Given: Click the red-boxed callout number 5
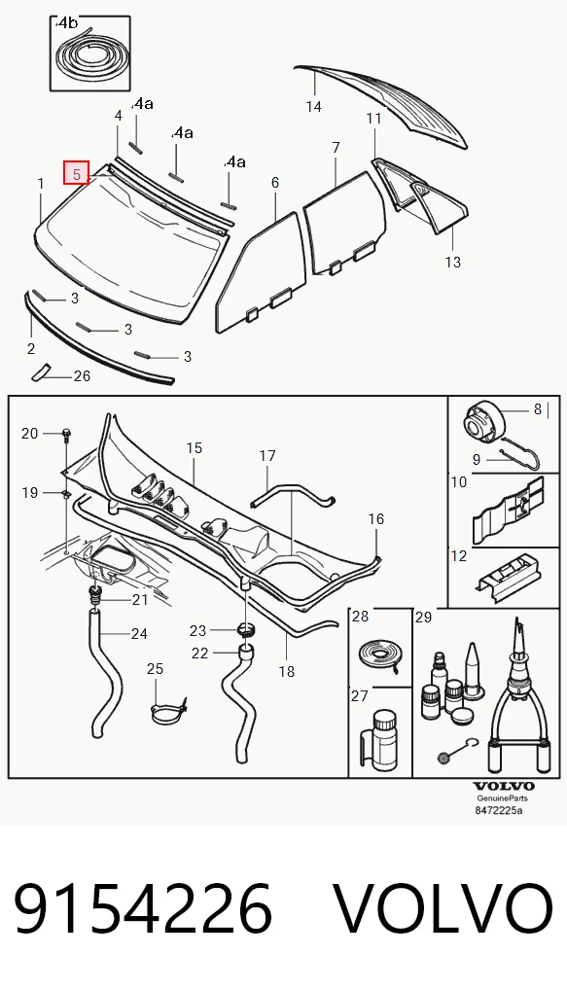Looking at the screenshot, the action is pos(77,173).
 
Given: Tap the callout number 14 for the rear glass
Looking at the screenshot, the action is pos(314,106).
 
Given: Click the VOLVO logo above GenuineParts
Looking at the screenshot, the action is pos(504,787).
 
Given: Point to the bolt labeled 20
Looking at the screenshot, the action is pos(66,434).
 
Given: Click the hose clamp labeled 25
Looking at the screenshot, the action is pos(168,710).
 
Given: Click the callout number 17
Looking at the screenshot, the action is pos(267,455).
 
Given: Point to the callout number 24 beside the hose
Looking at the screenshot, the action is pos(139,633).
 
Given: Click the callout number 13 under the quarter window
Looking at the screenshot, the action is pos(452,262).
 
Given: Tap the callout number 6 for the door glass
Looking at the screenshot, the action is pos(274,183).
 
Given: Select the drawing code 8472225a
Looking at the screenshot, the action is pos(499,810).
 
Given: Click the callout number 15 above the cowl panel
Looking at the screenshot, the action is pos(194,447).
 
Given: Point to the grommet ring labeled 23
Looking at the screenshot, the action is pos(246,629).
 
